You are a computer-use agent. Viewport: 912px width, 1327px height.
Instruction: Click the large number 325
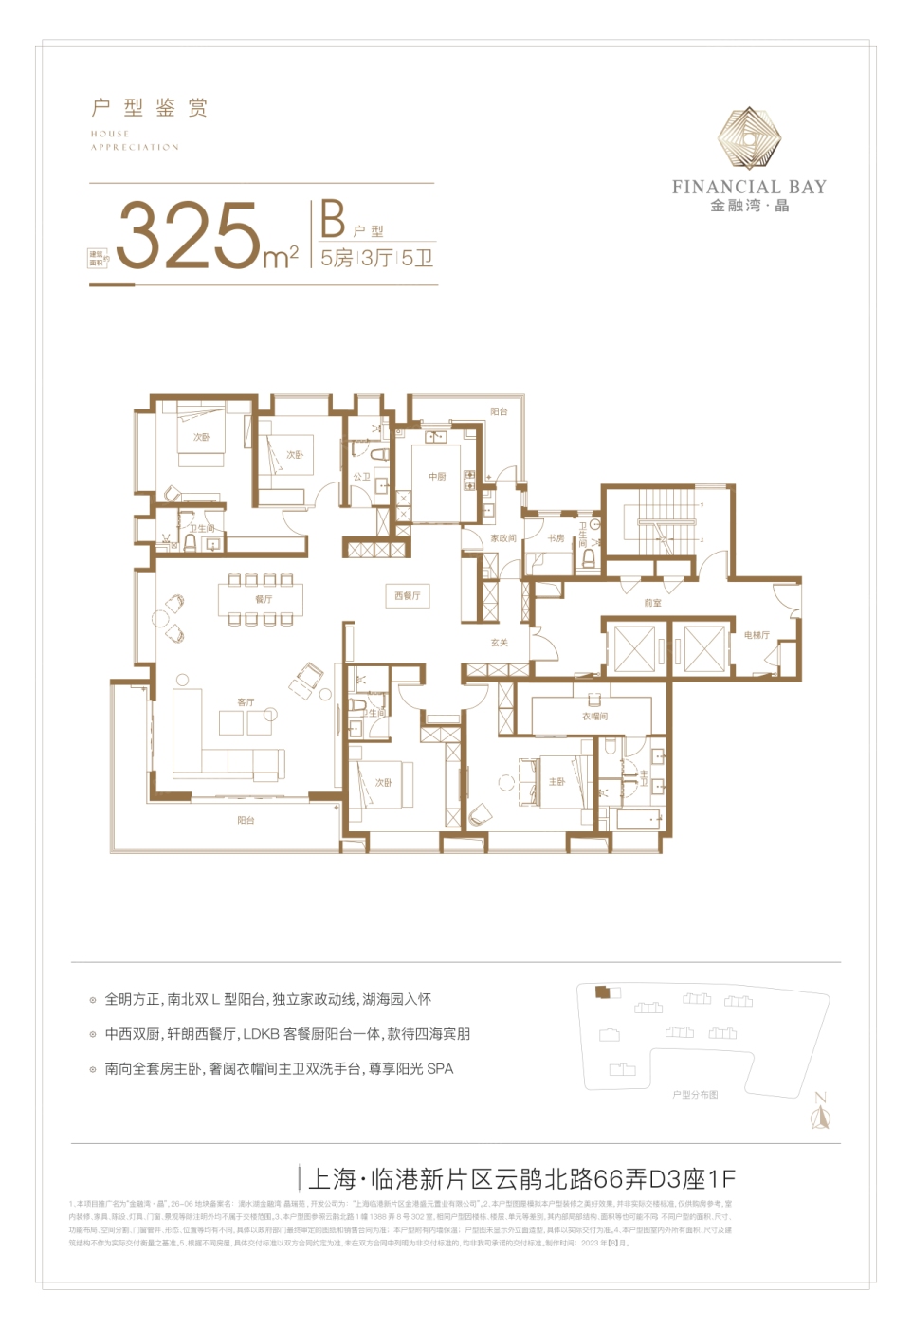click(188, 235)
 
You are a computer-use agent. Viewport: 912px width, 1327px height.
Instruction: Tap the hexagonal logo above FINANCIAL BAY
click(748, 139)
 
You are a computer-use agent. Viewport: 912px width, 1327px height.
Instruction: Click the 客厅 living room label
click(246, 701)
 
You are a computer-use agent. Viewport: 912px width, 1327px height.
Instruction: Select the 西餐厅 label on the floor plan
click(407, 595)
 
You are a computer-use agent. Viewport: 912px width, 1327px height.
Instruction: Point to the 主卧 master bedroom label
click(557, 781)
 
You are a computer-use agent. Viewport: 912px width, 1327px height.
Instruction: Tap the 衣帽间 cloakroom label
click(594, 716)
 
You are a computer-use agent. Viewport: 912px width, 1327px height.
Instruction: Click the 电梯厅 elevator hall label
click(757, 634)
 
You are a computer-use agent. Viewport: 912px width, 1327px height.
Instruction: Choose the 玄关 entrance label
click(500, 642)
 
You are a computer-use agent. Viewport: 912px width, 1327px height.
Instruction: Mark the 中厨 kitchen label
click(437, 476)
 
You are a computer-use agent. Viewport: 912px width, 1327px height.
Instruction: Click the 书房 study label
click(556, 537)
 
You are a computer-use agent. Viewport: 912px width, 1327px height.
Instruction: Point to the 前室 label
click(652, 602)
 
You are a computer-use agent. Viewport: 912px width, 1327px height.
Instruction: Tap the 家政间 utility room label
click(503, 537)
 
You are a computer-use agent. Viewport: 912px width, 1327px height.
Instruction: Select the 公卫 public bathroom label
click(361, 476)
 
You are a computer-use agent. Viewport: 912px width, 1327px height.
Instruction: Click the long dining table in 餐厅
click(261, 599)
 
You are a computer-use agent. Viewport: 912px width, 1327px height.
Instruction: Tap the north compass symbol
click(820, 1114)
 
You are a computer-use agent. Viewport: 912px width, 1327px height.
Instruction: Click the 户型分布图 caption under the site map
click(695, 1095)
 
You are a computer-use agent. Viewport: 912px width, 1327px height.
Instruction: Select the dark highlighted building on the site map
click(601, 991)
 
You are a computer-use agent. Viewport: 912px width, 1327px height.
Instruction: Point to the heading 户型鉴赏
click(149, 108)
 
